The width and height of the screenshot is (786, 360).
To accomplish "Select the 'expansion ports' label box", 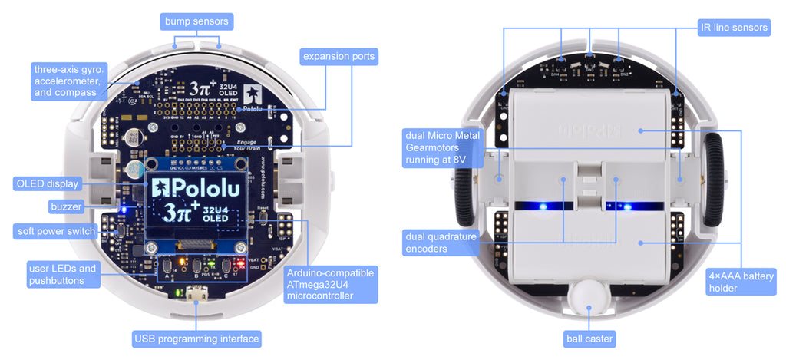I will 339,56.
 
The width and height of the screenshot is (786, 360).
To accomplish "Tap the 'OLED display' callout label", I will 47,183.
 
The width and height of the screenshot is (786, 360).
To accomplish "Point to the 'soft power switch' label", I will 57,231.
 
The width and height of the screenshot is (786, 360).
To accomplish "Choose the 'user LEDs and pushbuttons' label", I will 62,275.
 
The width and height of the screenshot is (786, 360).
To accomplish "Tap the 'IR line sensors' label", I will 734,28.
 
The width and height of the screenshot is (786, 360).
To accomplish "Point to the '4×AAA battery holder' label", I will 741,282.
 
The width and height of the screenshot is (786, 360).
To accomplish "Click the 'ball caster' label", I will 589,339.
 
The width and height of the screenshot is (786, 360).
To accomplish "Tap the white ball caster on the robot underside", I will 589,296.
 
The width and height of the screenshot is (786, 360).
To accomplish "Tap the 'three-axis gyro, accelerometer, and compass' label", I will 69,81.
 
